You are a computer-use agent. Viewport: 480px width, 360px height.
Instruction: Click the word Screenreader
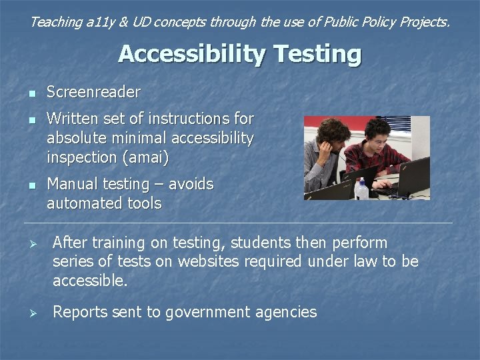[x=93, y=92]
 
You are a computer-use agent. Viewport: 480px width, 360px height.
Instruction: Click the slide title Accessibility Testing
[x=240, y=54]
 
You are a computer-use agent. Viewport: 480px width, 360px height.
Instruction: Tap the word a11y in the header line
[x=99, y=22]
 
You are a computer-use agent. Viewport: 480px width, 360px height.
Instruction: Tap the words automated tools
[x=104, y=203]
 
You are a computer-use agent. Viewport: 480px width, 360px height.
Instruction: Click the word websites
[x=205, y=262]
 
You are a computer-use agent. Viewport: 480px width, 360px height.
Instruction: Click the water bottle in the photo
[x=362, y=189]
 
